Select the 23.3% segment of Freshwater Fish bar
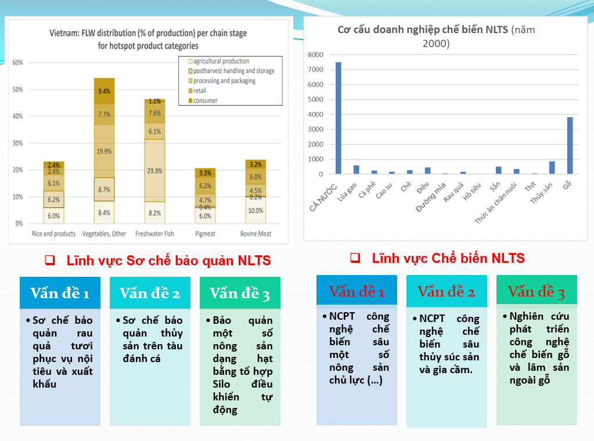(154, 171)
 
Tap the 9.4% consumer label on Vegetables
(105, 91)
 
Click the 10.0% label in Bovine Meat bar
(255, 211)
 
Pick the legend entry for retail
(199, 91)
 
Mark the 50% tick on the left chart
(17, 89)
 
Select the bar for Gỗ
(570, 145)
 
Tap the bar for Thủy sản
(552, 168)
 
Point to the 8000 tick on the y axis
(315, 55)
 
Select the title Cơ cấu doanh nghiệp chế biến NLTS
(423, 30)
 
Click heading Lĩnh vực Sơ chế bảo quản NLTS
(168, 261)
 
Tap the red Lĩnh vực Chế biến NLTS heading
(448, 258)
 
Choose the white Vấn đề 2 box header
(150, 292)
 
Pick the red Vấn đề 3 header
(536, 291)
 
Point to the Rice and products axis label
(53, 234)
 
